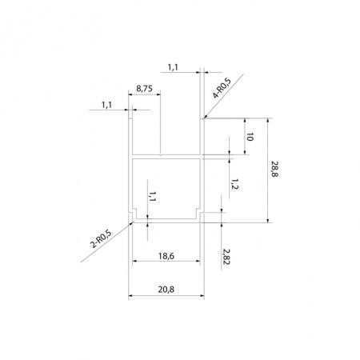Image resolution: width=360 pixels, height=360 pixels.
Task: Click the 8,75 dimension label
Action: click(x=144, y=89)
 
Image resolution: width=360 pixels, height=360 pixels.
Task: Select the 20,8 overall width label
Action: click(x=166, y=290)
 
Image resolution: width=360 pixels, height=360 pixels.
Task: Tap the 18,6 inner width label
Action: click(x=166, y=256)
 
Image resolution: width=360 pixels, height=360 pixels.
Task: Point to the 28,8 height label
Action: click(x=274, y=169)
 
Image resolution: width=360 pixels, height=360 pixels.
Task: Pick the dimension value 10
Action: click(x=250, y=137)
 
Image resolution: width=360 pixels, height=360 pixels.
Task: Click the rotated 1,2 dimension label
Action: click(x=234, y=184)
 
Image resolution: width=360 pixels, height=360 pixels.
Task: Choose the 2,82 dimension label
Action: click(x=226, y=257)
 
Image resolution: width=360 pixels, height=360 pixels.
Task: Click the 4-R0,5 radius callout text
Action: click(x=222, y=88)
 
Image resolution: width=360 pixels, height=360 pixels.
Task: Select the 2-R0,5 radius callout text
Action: click(x=101, y=238)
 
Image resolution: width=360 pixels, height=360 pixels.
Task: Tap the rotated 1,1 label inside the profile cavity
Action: click(x=152, y=196)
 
